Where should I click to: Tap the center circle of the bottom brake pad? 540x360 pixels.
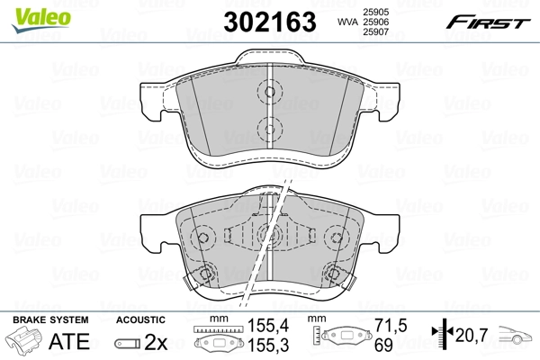click(x=265, y=237)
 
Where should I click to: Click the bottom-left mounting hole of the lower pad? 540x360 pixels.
click(x=205, y=276)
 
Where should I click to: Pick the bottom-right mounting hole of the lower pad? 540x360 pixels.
click(x=334, y=275)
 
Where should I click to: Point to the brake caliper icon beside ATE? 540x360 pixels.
click(x=25, y=342)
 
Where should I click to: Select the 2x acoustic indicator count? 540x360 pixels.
click(x=156, y=341)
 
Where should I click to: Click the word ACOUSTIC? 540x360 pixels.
click(x=141, y=319)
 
